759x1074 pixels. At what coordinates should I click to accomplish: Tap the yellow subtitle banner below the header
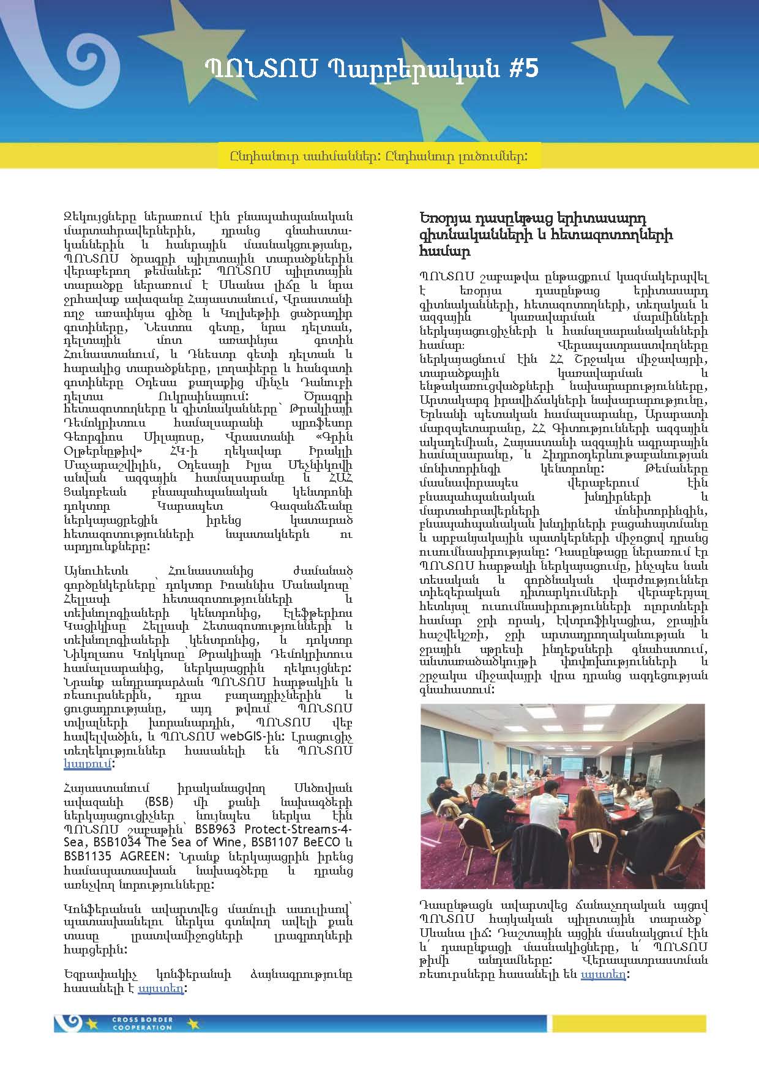tap(379, 156)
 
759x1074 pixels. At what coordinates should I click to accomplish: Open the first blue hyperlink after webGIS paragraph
tap(88, 764)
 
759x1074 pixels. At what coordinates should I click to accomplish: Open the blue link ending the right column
tap(603, 974)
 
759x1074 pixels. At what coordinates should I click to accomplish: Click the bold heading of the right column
tap(546, 234)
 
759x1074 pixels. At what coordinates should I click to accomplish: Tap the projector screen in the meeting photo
tap(572, 763)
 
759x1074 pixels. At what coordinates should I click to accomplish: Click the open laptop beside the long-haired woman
tap(606, 799)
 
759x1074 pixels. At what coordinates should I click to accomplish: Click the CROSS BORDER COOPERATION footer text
tap(134, 1023)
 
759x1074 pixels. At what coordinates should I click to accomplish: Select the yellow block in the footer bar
tap(629, 1023)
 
